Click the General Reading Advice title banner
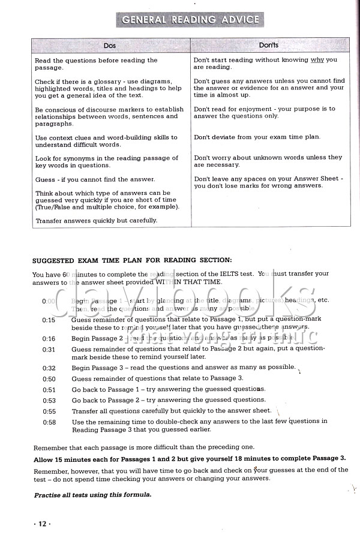(x=191, y=19)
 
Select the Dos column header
(x=110, y=46)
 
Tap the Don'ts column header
(x=268, y=46)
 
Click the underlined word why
(x=317, y=60)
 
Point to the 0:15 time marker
(x=49, y=320)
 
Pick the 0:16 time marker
(x=49, y=339)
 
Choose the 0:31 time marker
(x=49, y=349)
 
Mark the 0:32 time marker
(x=49, y=368)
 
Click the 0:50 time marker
(x=49, y=379)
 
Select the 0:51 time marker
(x=49, y=390)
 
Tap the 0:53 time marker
(x=49, y=401)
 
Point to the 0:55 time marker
(x=49, y=411)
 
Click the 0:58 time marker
(x=49, y=422)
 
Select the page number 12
(x=42, y=524)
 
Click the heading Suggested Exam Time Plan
(x=131, y=260)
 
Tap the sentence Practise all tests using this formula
(x=92, y=495)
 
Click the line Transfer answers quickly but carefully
(x=97, y=220)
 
